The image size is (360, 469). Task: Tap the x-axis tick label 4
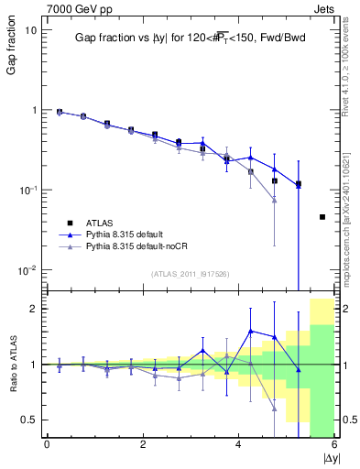[239, 445]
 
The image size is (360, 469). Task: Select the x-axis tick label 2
[143, 445]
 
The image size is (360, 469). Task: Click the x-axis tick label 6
[334, 445]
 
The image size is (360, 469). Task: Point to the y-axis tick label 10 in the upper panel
[30, 30]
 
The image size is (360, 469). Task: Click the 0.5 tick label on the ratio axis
[30, 420]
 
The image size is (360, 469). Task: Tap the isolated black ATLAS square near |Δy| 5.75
[322, 217]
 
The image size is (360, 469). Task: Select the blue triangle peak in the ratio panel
[251, 331]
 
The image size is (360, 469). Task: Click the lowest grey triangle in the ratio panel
[275, 409]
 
